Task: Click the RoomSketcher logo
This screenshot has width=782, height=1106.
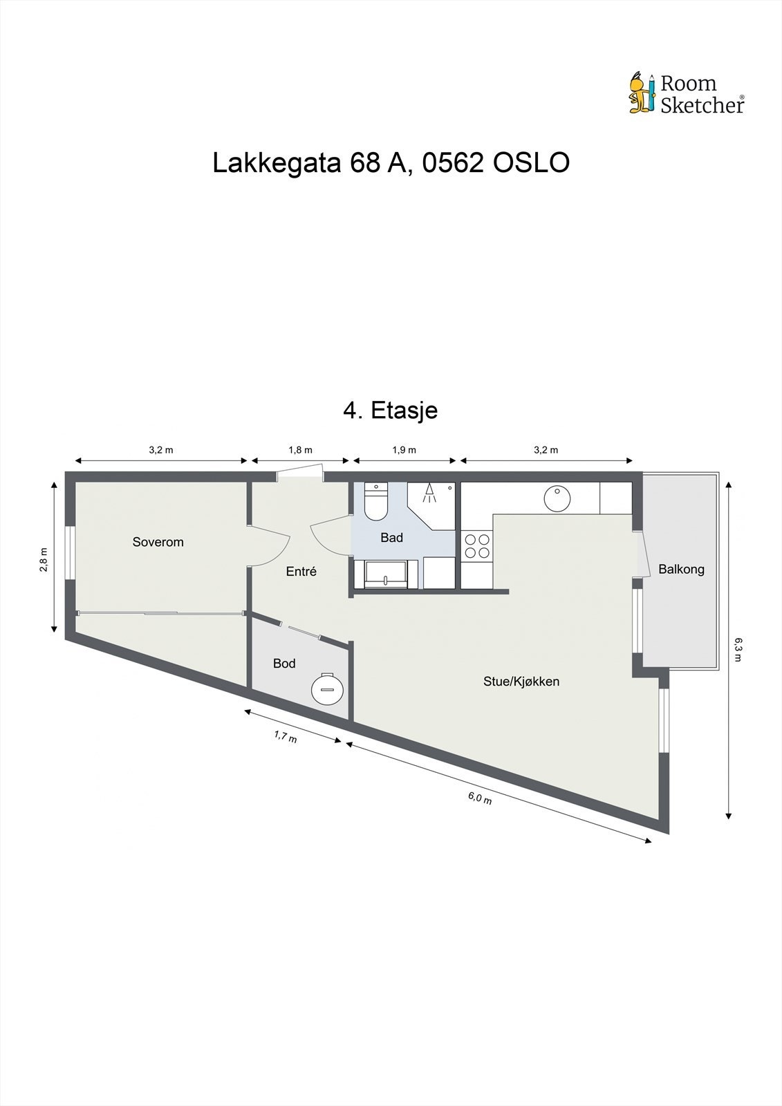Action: (x=686, y=93)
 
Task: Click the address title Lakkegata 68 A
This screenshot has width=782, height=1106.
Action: (x=391, y=163)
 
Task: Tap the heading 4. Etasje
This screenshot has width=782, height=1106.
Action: (x=391, y=410)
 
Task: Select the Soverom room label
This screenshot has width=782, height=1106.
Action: (x=158, y=542)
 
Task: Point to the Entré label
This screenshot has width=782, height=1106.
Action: (x=301, y=572)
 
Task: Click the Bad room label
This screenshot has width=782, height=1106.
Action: (x=391, y=538)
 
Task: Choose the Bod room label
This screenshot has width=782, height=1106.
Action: (x=284, y=664)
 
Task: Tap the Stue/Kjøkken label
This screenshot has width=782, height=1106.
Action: (x=521, y=682)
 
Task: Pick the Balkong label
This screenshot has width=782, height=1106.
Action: (x=681, y=570)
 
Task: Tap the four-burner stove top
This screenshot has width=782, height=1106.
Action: (x=476, y=546)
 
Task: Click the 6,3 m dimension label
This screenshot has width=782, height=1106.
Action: (x=738, y=650)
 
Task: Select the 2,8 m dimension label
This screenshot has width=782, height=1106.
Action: (x=44, y=560)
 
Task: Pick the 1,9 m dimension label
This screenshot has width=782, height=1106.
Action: (x=404, y=450)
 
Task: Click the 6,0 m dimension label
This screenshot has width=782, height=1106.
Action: (x=480, y=798)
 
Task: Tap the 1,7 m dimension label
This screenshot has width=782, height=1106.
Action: (x=286, y=737)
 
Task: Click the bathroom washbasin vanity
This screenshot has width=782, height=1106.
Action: (x=385, y=574)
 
